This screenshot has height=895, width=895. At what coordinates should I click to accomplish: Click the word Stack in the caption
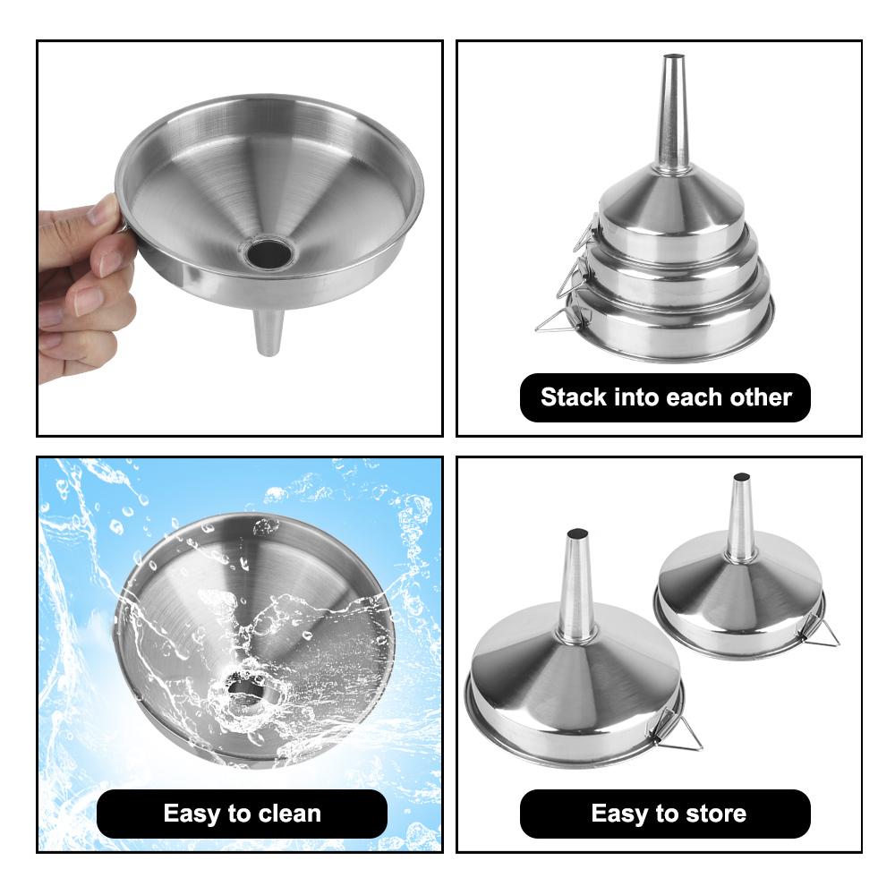pos(574,397)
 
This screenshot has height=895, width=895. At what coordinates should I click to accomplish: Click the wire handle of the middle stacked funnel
pos(565,277)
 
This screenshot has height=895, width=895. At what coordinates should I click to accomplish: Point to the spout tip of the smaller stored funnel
pos(741,477)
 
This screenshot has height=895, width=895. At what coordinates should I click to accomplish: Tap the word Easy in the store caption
pos(621,813)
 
